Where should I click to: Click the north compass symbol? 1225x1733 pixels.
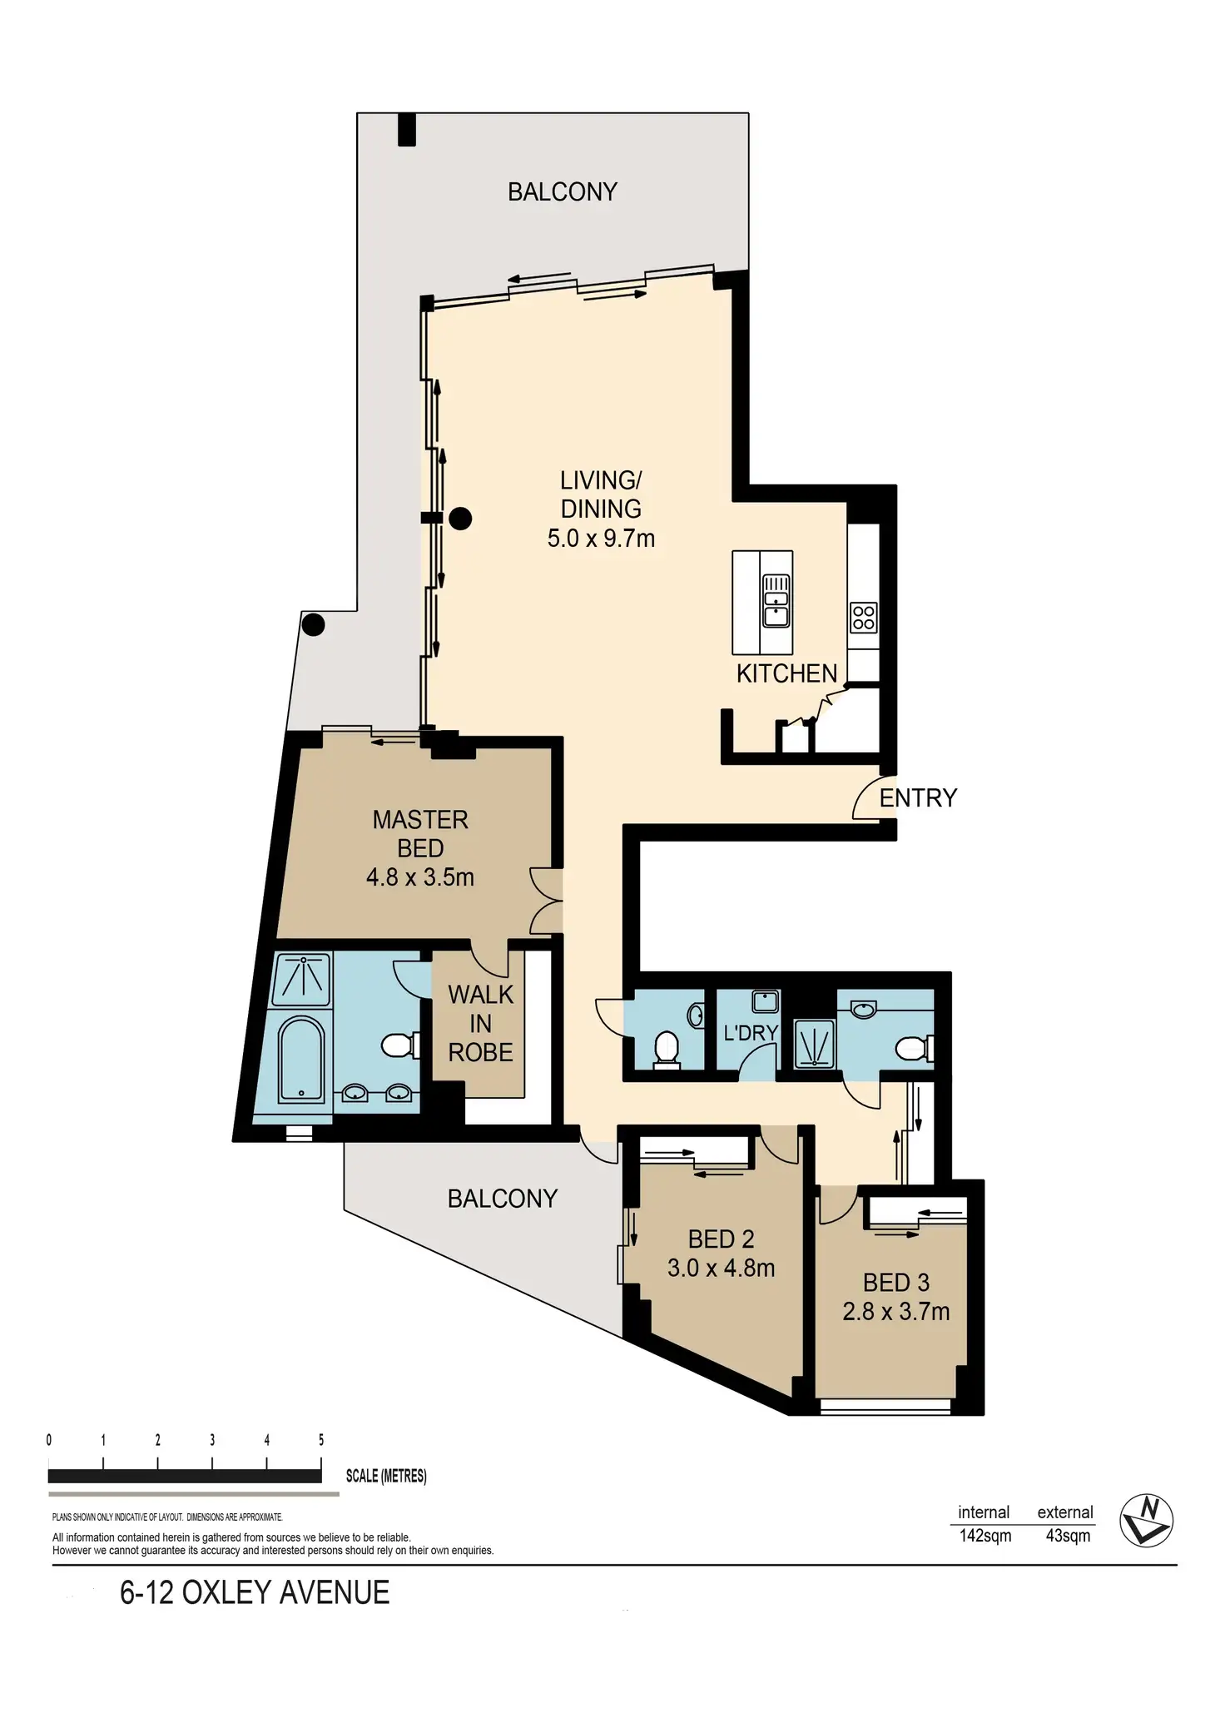coord(1146,1521)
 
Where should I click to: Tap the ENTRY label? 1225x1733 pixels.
coord(918,798)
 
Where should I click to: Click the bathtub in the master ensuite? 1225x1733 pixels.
coord(300,1059)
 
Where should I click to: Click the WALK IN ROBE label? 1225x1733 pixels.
coord(480,1024)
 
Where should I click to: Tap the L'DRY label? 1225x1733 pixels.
coord(750,1033)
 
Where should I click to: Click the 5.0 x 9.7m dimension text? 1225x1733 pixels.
coord(601,539)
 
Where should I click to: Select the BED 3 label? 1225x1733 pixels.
coord(895,1283)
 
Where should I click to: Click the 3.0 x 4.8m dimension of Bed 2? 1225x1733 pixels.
coord(721,1269)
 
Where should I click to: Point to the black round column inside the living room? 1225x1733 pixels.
coord(460,519)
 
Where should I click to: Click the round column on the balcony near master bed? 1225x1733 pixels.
coord(313,624)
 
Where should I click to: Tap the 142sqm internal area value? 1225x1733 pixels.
coord(985,1536)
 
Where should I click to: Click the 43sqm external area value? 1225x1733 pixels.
coord(1068,1536)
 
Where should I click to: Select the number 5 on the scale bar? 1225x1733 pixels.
coord(321,1440)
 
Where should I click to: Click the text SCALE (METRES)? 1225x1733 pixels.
coord(386,1476)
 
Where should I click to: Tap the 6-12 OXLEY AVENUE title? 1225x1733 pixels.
coord(255,1592)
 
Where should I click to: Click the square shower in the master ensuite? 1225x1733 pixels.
coord(302,976)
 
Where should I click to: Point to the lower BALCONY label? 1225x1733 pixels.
coord(502,1199)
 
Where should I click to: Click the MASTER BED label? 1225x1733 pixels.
coord(420,834)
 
